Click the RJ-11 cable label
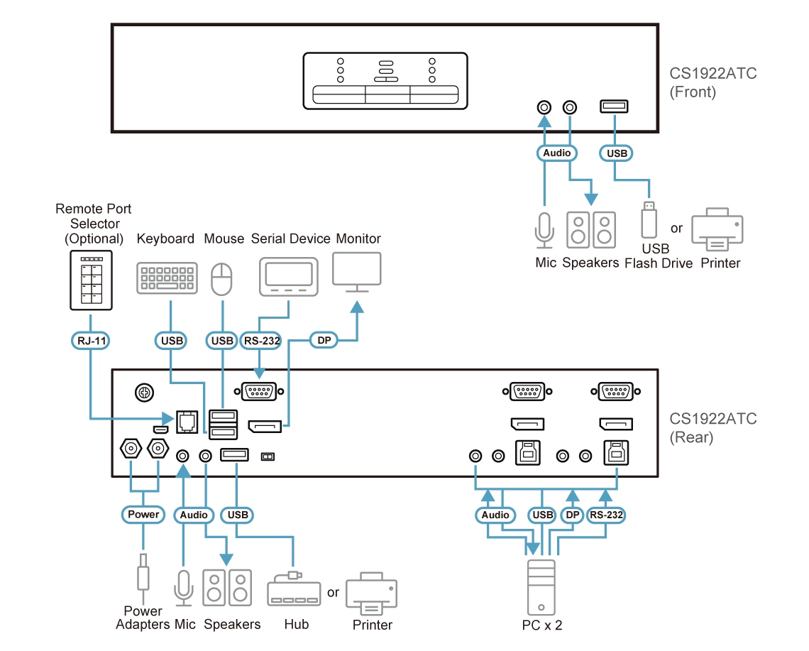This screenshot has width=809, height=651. pos(90,341)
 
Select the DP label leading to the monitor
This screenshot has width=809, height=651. pos(324,340)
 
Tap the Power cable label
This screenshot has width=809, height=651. pos(143,514)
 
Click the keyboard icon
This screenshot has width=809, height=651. pos(167,278)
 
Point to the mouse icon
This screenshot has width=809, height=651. pos(222,279)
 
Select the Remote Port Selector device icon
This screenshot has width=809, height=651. pos(92,280)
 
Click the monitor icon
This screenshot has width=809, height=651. pos(357,272)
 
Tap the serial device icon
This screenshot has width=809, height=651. pos(288,277)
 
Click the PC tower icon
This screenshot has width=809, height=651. pos(541,588)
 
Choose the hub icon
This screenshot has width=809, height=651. pos(294,589)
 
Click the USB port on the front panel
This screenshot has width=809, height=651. pos(614,106)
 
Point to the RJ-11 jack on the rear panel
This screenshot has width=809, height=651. pos(187,422)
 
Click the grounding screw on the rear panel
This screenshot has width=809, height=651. pos(145,393)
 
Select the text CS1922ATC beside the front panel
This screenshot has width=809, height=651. pos(713,73)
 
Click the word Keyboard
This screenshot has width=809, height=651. pos(165,239)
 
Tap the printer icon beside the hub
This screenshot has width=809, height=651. pos(372,593)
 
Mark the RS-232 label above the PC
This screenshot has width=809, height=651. pos(606,515)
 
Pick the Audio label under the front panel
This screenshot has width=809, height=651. pos(556,153)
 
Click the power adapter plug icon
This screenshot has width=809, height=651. pos(143,572)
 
